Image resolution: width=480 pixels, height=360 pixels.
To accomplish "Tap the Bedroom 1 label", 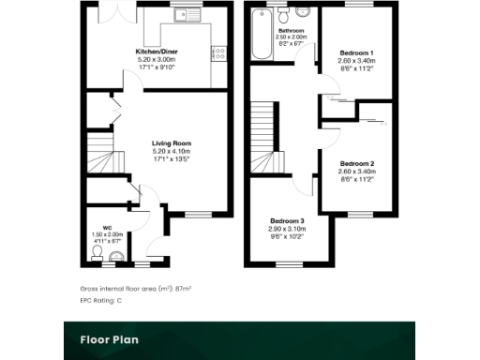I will [x=356, y=52].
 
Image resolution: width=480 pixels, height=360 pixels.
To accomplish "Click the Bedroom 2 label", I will [x=357, y=163].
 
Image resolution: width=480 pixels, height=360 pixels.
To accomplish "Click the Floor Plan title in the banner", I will [x=109, y=339].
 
